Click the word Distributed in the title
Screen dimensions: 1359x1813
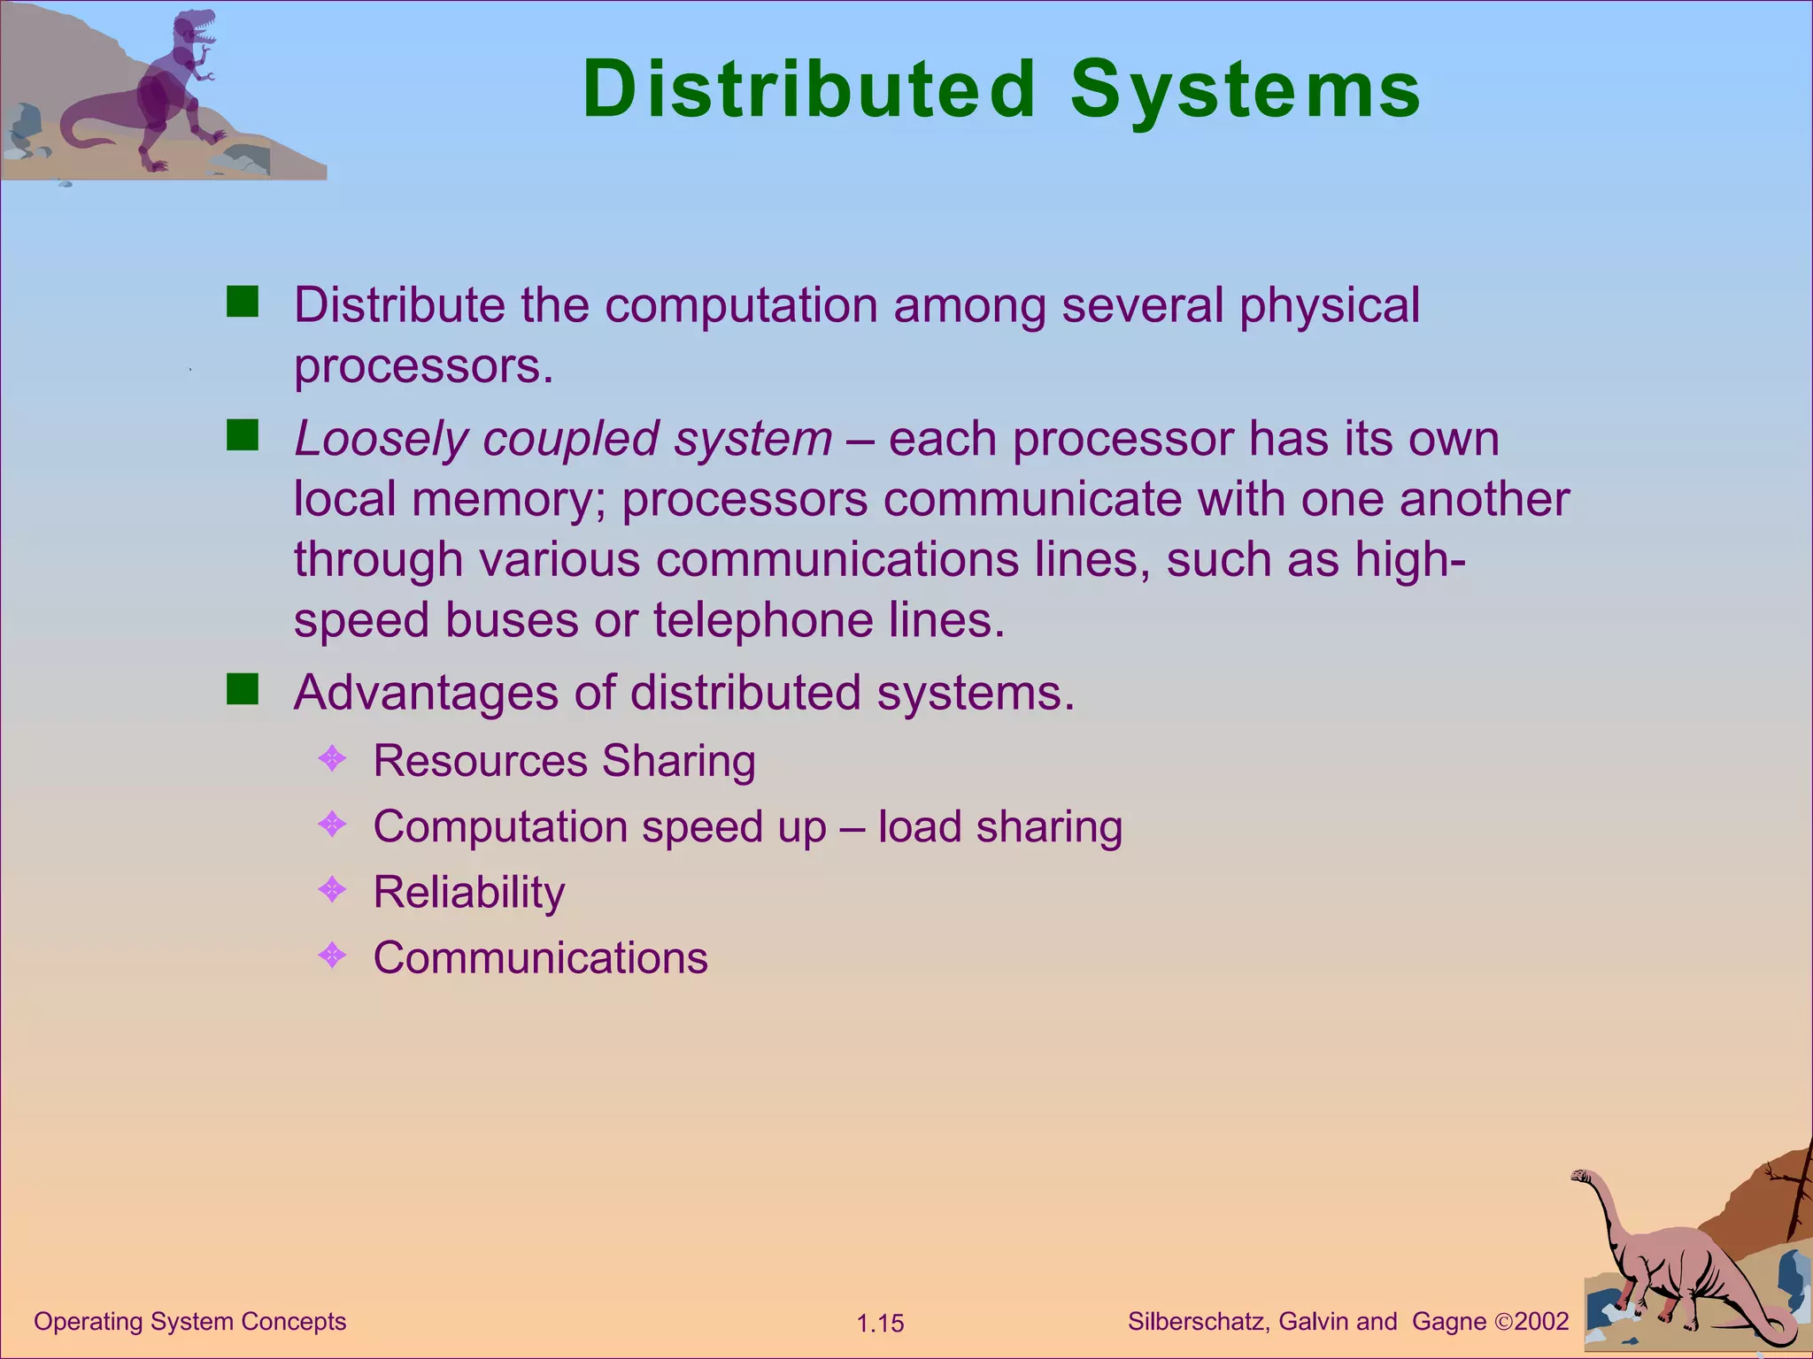click(808, 89)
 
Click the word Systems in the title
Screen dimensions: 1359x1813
click(1245, 89)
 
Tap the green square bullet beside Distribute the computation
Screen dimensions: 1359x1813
click(242, 302)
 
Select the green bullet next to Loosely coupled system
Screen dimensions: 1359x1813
click(242, 435)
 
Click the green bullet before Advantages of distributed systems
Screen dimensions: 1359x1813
click(242, 689)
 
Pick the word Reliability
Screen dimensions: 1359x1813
click(468, 892)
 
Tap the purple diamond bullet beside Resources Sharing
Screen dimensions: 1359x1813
click(332, 758)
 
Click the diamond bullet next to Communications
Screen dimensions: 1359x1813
click(332, 955)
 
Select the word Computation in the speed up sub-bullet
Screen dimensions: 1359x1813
click(500, 827)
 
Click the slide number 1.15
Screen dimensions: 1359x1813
click(880, 1324)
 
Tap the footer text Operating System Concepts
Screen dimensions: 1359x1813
click(189, 1321)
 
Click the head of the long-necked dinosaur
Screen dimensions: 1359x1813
click(1581, 1176)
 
